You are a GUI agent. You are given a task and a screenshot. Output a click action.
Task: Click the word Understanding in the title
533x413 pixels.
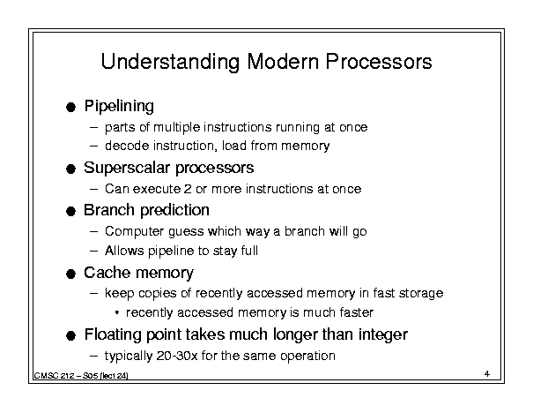point(170,62)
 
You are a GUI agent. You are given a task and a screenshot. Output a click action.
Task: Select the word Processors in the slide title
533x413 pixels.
point(379,61)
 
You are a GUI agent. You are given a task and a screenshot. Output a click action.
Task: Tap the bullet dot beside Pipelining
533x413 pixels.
point(70,108)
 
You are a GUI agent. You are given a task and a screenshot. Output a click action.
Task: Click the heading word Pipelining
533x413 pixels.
point(119,106)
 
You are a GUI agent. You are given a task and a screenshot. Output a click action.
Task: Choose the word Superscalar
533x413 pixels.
point(127,168)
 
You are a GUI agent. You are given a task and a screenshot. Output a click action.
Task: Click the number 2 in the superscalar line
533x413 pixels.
point(188,189)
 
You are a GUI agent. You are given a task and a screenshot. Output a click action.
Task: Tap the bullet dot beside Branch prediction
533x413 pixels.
point(70,212)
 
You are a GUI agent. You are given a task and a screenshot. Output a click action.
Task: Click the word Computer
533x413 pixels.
point(135,231)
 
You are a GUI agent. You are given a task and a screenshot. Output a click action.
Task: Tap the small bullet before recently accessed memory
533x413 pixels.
point(117,312)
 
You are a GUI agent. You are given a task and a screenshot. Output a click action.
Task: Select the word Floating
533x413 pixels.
point(113,334)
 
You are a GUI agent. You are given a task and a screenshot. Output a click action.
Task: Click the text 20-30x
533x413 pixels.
point(177,356)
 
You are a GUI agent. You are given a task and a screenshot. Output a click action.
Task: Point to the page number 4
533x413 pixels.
point(487,374)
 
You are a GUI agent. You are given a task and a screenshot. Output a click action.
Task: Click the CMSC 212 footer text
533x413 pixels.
point(81,376)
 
